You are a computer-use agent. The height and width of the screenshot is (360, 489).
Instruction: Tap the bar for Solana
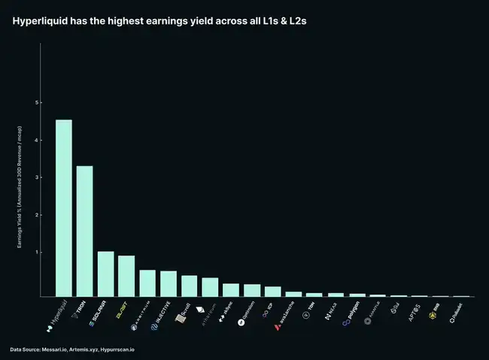[x=106, y=274]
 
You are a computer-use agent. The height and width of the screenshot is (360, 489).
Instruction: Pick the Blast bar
[x=126, y=277]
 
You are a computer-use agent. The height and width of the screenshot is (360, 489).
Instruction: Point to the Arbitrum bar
[x=147, y=283]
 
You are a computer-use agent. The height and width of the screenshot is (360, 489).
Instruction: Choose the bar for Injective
[x=169, y=284]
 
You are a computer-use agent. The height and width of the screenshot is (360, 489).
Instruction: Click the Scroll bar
[x=189, y=286]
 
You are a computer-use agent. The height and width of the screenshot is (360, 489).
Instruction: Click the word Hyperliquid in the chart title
[x=39, y=22]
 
